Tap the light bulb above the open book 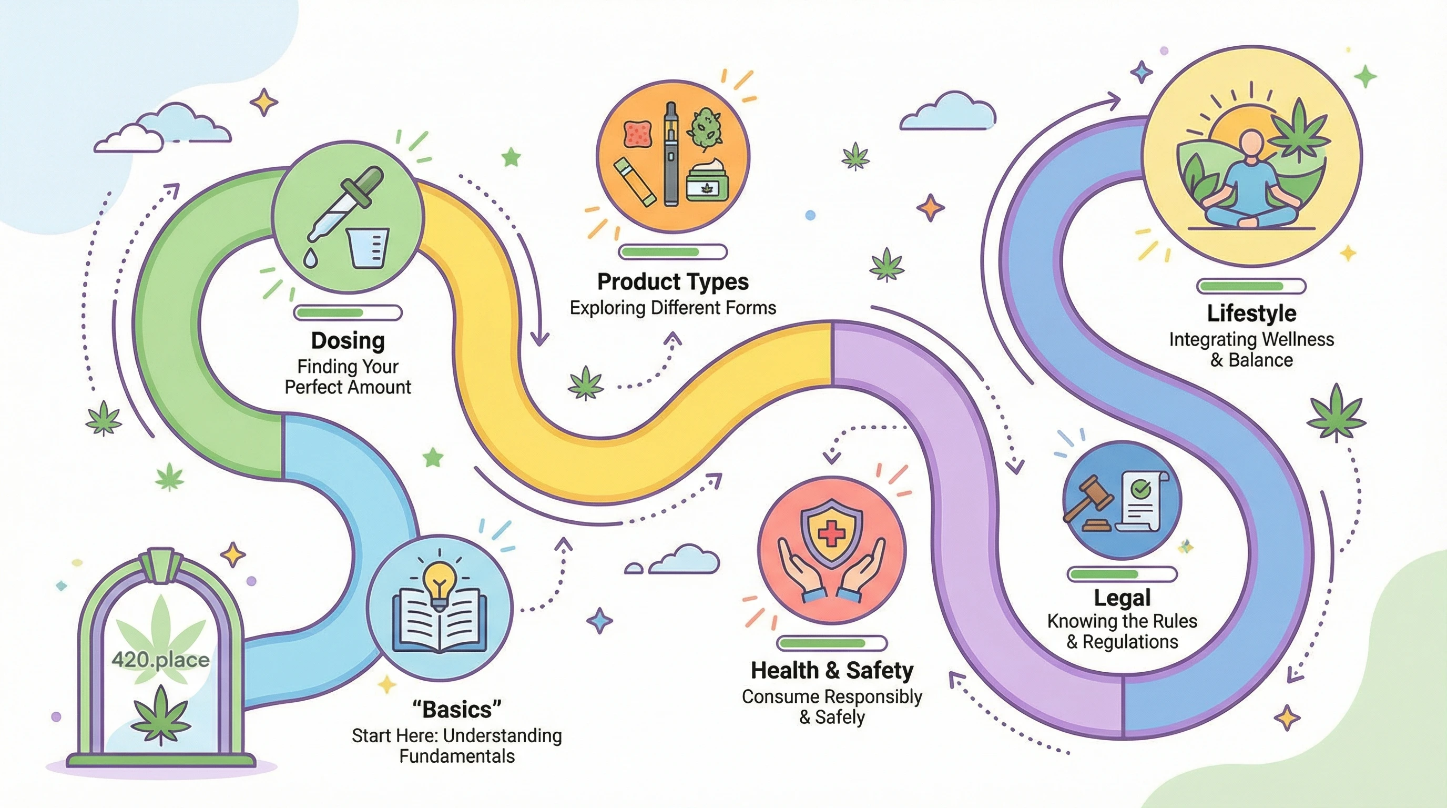(439, 582)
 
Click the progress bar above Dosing (348, 312)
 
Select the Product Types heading (672, 281)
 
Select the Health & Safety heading (832, 670)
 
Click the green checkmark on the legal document (1141, 488)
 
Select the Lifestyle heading (1251, 313)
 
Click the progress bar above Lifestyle (1251, 287)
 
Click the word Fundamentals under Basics (457, 756)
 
